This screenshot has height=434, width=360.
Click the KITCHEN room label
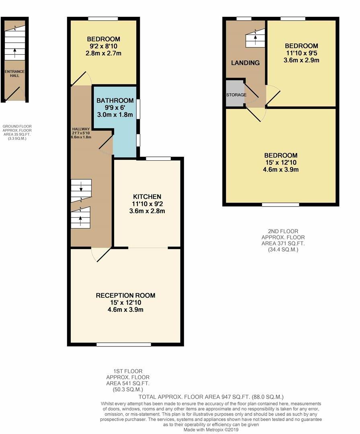pyautogui.click(x=147, y=197)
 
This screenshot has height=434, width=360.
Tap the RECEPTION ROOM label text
pyautogui.click(x=125, y=295)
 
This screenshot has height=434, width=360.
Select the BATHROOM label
pyautogui.click(x=115, y=100)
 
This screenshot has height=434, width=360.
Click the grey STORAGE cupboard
pyautogui.click(x=235, y=94)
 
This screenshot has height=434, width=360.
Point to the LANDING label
pyautogui.click(x=245, y=63)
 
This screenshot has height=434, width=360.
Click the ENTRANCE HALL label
pyautogui.click(x=14, y=74)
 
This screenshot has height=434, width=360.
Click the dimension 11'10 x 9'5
pyautogui.click(x=301, y=53)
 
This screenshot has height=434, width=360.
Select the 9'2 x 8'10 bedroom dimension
pyautogui.click(x=103, y=46)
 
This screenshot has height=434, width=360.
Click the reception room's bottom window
pyautogui.click(x=124, y=344)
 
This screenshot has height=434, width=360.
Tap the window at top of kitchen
pyautogui.click(x=158, y=158)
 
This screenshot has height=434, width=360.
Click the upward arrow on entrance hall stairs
pyautogui.click(x=15, y=51)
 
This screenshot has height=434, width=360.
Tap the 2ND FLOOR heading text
pyautogui.click(x=283, y=231)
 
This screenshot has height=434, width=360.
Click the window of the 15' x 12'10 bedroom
pyautogui.click(x=280, y=205)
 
